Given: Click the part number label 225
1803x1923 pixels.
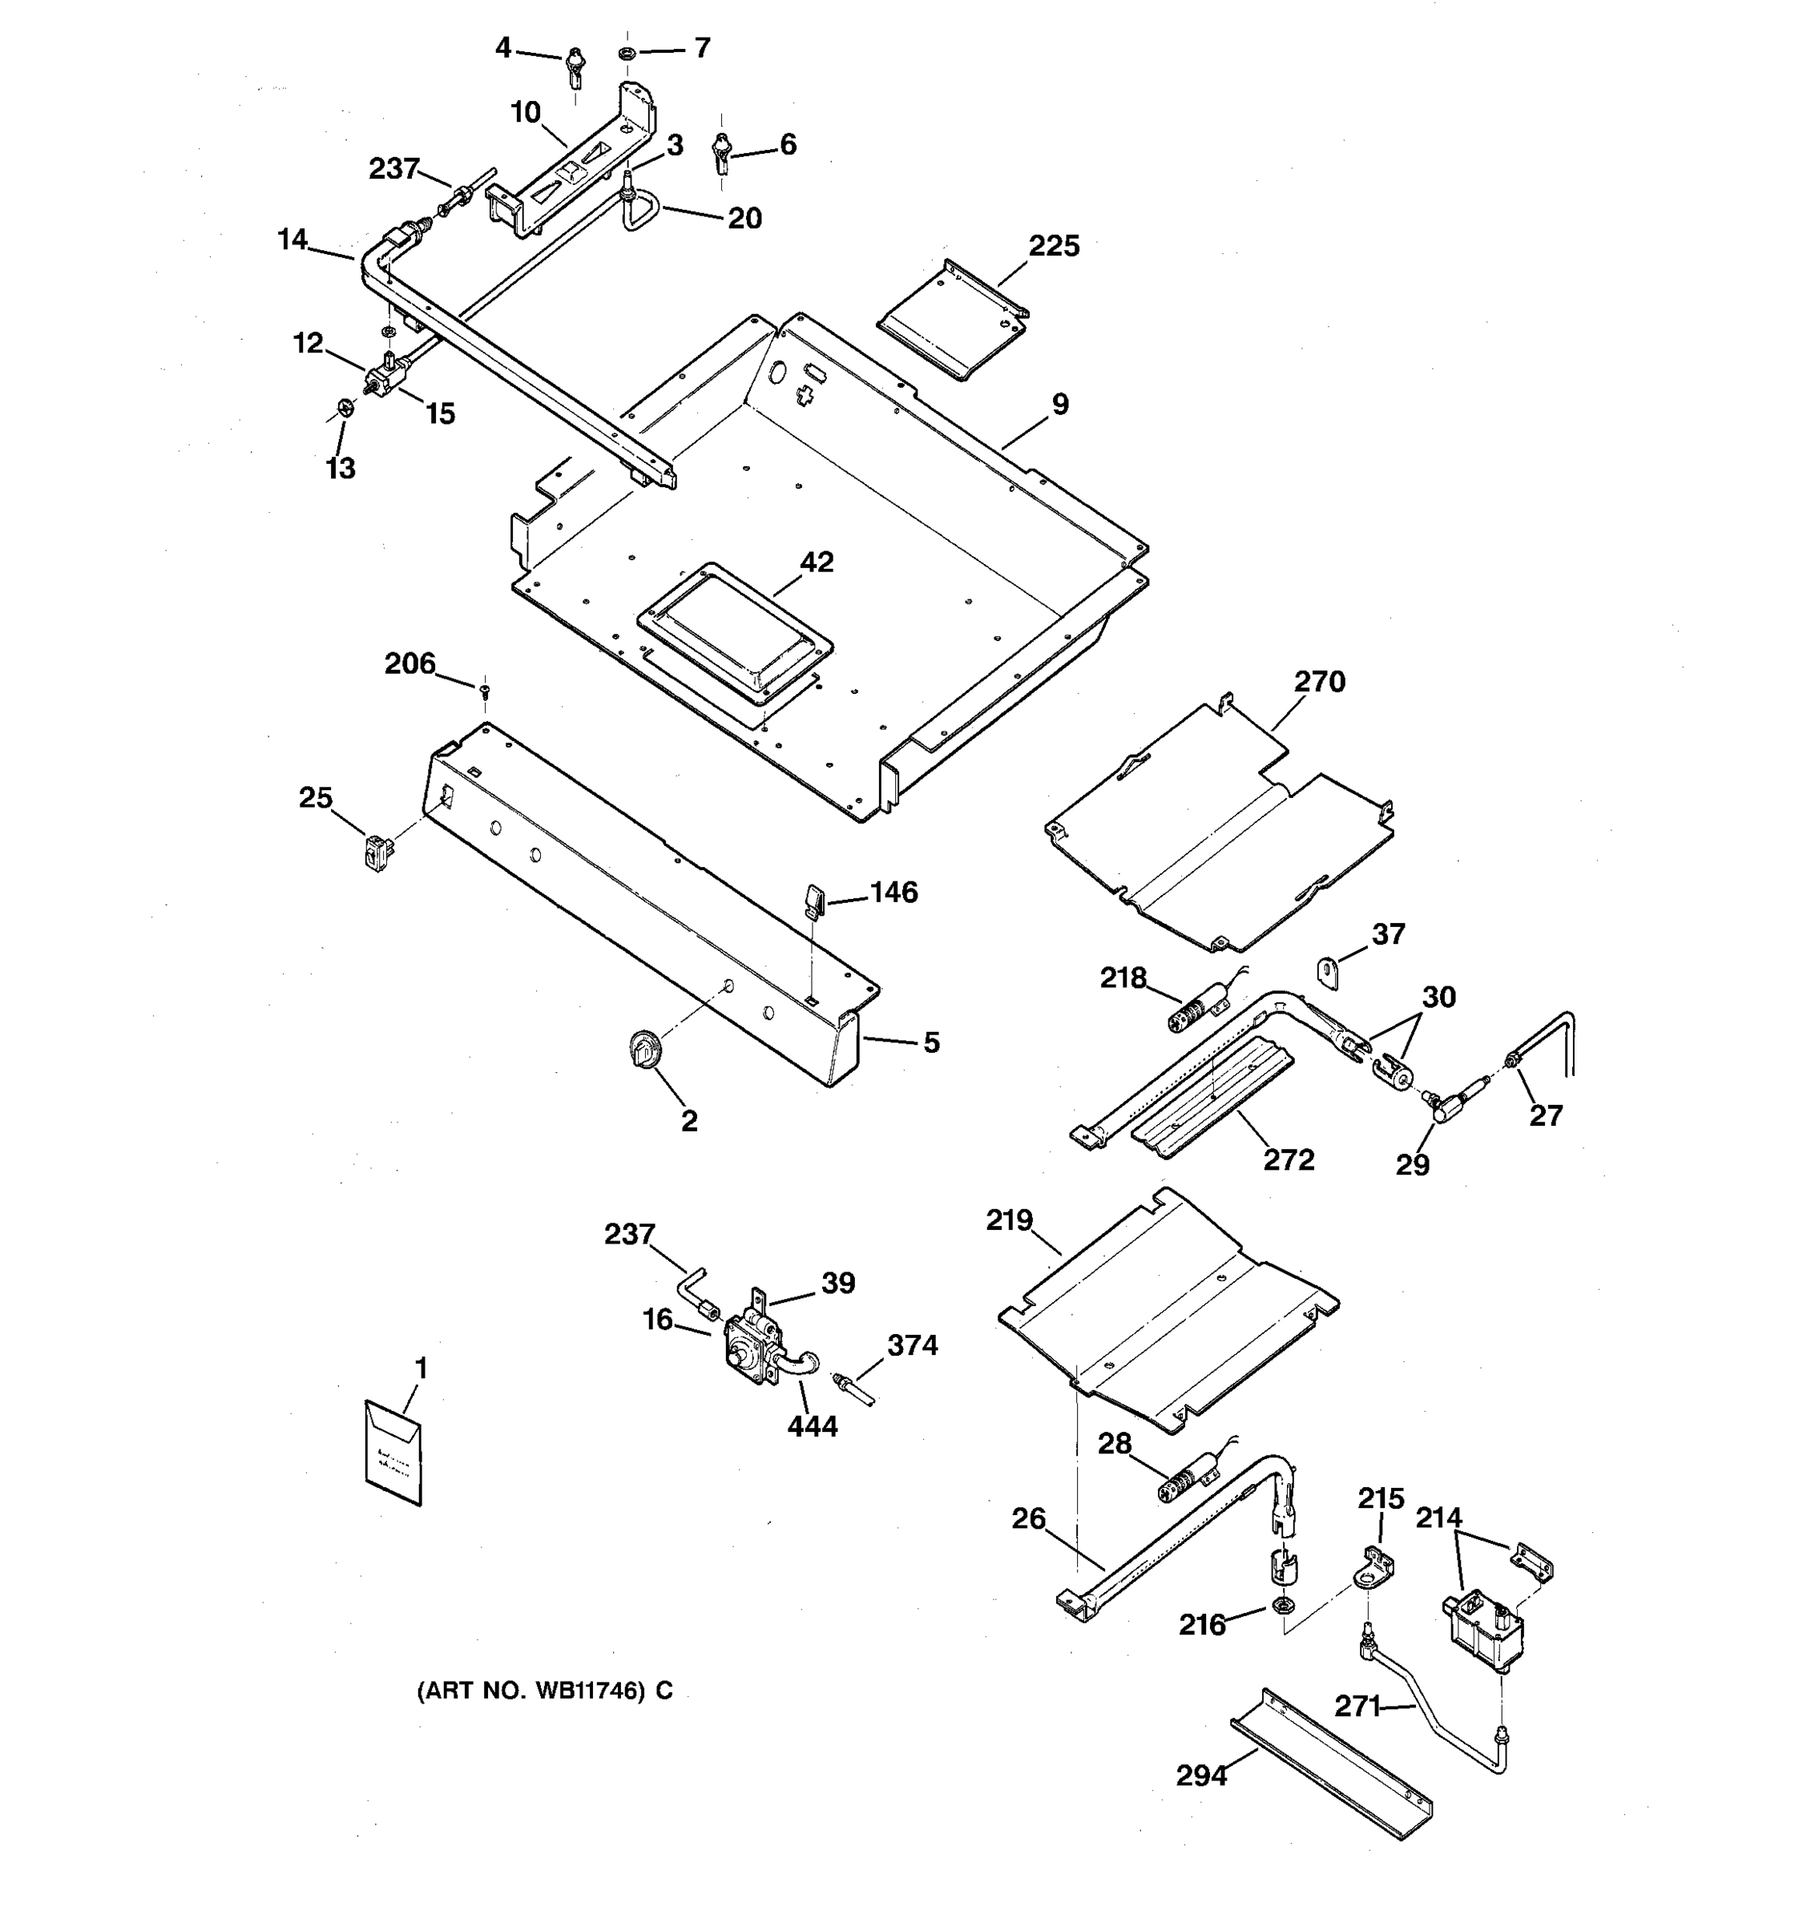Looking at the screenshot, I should click(x=1054, y=246).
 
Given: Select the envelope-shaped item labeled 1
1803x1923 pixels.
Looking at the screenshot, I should click(x=393, y=1453).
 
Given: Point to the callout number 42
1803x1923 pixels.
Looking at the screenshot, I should click(x=817, y=562).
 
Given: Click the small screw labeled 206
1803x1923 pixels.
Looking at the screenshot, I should click(x=485, y=690).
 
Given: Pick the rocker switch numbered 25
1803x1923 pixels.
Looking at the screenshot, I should click(x=377, y=854).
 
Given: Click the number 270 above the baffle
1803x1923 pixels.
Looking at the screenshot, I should click(x=1319, y=682).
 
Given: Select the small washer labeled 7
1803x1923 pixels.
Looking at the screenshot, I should click(x=626, y=50).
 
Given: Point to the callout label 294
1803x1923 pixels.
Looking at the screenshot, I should click(x=1201, y=1776).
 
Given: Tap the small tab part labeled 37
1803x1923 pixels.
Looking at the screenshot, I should click(x=1330, y=972).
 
